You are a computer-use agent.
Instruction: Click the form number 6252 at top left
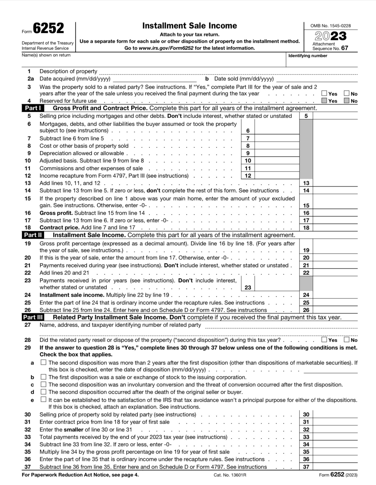coord(48,28)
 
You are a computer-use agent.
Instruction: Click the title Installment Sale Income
coord(189,26)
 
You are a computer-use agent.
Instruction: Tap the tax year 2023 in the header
coord(330,36)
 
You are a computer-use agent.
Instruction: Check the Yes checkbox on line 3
coord(324,93)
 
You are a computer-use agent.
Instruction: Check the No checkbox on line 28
coord(347,340)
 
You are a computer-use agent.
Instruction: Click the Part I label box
coord(33,108)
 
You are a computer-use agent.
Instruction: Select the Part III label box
coord(33,317)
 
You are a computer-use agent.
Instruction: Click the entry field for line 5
coord(335,116)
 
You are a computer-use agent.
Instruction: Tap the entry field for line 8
coord(277,146)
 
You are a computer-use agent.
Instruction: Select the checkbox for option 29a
coord(43,362)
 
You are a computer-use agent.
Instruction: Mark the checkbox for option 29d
coord(43,392)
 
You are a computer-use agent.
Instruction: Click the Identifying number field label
coord(308,56)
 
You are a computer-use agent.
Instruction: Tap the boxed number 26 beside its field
coord(306,310)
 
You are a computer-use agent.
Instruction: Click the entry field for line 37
coord(335,467)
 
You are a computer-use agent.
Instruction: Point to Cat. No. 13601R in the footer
coord(230,475)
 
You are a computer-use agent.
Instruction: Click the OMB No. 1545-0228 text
coord(330,26)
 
